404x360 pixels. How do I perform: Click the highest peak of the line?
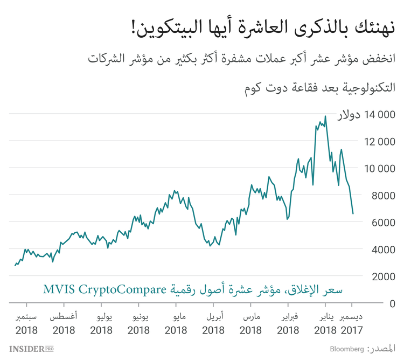[325, 117]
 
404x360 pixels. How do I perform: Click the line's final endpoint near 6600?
[353, 213]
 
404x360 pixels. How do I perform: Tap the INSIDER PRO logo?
[31, 349]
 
